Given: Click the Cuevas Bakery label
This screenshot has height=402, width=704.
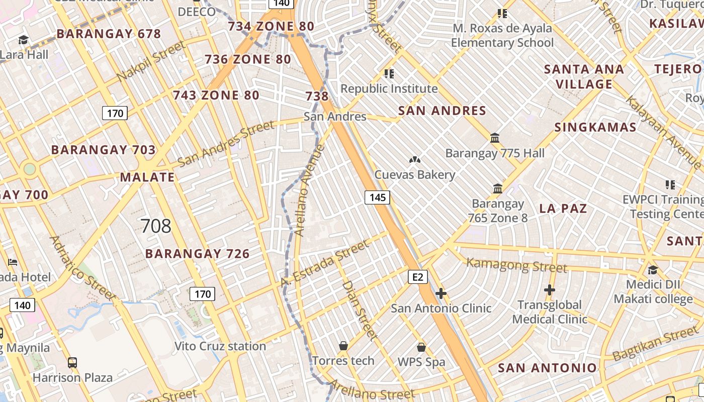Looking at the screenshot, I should [414, 175].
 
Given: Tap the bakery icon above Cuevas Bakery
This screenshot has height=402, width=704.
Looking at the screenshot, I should [414, 160].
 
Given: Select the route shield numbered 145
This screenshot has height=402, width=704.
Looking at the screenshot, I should [377, 197].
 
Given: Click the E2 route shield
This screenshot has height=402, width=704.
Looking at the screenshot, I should [418, 277].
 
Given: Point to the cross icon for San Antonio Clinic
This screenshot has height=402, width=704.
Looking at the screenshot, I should [441, 293].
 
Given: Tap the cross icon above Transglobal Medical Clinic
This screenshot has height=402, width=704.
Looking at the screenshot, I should [550, 290].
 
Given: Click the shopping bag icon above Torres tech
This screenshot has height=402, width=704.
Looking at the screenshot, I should [343, 346].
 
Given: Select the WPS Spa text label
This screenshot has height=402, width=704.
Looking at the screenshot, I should [421, 362].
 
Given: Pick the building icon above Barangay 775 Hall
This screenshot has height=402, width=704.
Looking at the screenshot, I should [495, 138].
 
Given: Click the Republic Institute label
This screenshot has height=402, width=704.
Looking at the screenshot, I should [389, 89].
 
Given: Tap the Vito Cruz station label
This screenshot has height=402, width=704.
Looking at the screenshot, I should [220, 346].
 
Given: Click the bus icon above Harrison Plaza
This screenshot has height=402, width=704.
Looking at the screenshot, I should [72, 362].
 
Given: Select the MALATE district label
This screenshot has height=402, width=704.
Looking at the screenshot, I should [147, 177].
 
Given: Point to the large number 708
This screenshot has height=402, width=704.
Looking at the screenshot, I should [156, 226].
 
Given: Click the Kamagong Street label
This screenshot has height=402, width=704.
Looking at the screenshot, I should [517, 264].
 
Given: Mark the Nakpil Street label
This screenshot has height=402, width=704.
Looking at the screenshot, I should [151, 62].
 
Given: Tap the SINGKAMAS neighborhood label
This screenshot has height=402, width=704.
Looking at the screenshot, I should [595, 127].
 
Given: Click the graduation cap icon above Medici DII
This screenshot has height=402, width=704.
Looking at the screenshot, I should [653, 270].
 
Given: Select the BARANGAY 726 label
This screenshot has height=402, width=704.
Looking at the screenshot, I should [198, 254].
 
